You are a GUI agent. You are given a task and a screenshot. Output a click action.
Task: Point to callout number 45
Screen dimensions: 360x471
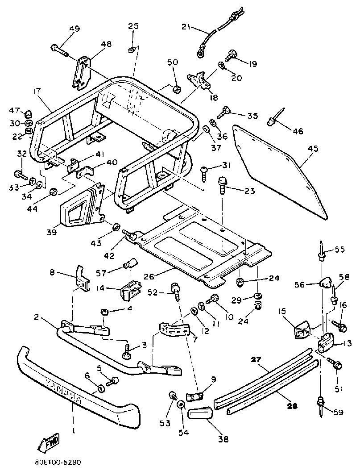click(313, 149)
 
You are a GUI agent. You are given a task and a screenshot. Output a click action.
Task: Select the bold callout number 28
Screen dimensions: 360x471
click(292, 406)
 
